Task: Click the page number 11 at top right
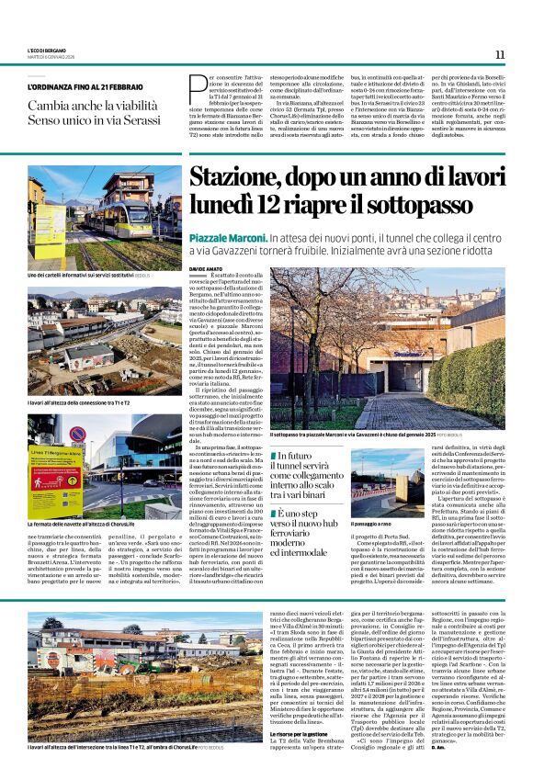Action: click(x=500, y=55)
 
